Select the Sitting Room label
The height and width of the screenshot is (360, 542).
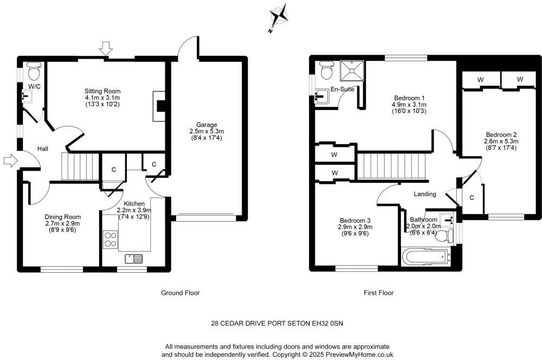tap(102, 91)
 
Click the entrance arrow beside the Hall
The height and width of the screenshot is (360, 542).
tap(10, 160)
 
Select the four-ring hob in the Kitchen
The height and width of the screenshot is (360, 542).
tap(111, 239)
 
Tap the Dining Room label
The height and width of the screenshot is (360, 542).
tap(62, 216)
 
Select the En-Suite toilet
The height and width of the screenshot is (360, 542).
tap(327, 70)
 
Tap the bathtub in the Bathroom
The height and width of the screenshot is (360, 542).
tap(425, 255)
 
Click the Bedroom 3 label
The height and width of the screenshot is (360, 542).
tap(356, 220)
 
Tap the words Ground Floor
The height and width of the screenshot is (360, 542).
tap(180, 293)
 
